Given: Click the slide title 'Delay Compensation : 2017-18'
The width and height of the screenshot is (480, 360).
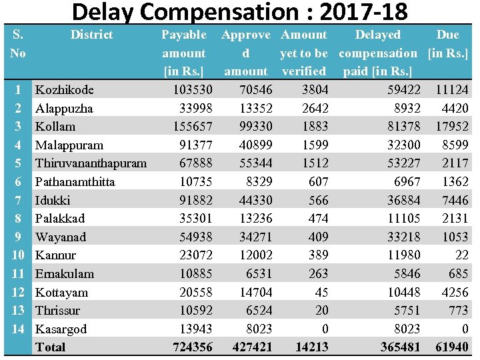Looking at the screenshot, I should click(239, 12).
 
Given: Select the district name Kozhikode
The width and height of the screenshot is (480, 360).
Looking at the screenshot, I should click(64, 90).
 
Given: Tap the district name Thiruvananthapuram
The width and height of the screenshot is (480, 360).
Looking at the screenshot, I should click(91, 163).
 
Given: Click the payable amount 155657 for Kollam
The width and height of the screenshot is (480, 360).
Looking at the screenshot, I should click(192, 127).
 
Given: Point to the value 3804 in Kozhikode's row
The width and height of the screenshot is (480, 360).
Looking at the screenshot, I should click(314, 90).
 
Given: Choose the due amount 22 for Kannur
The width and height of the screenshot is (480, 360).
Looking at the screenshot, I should click(461, 255).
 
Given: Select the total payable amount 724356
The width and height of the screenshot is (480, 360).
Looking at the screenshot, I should click(192, 347).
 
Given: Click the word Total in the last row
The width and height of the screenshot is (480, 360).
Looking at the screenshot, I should click(51, 347).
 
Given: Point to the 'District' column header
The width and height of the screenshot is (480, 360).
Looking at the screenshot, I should click(91, 35).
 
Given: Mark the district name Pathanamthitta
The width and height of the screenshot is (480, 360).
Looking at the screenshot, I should click(75, 182).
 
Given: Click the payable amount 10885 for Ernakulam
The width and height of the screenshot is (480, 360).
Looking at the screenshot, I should click(195, 273).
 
